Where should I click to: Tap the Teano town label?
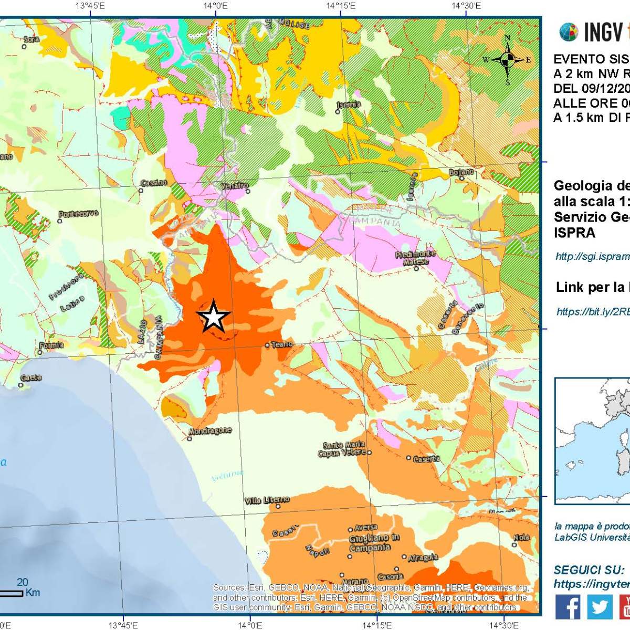(x=282, y=344)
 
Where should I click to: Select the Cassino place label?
(x=154, y=183)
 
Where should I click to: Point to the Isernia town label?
(x=349, y=104)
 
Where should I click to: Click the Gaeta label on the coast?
(x=31, y=377)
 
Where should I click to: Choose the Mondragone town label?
(x=210, y=430)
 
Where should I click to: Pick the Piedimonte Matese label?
(x=416, y=258)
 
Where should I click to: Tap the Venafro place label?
(x=234, y=186)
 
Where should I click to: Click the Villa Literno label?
(x=267, y=500)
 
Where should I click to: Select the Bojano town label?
(x=461, y=172)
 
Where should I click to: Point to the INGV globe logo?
(x=569, y=33)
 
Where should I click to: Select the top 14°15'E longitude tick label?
(x=341, y=6)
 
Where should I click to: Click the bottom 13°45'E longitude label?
(x=123, y=625)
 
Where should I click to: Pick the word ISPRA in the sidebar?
(x=574, y=233)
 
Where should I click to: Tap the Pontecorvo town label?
(x=78, y=214)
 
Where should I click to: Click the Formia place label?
(x=51, y=345)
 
